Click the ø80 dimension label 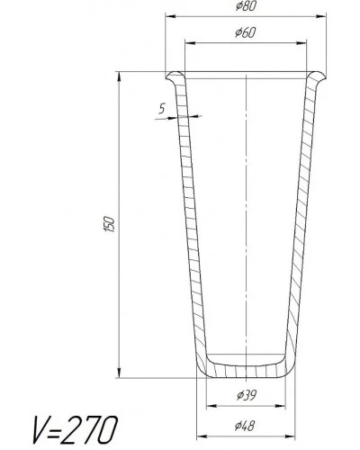coord(246,6)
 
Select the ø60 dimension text coord(246,32)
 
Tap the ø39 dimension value coord(247,395)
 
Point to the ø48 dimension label coord(245,426)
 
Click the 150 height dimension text coord(109,224)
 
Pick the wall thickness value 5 coord(162,108)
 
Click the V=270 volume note coord(75,429)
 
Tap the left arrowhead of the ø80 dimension coord(170,16)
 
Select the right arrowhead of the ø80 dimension coord(321,16)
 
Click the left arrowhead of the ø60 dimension coord(190,43)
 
